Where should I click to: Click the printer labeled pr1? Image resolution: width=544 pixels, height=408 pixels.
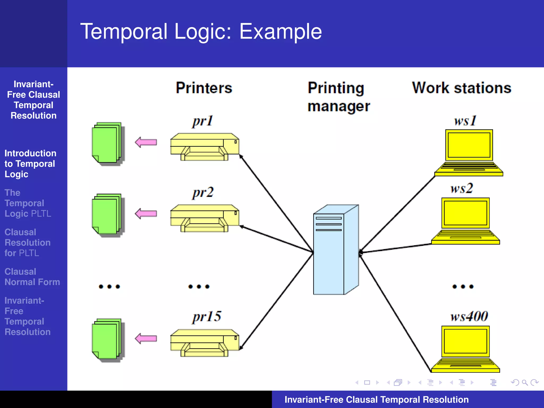[x=205, y=147]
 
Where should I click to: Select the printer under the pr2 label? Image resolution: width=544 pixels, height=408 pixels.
[x=205, y=218]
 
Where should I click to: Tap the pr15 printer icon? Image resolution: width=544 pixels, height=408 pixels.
[x=205, y=343]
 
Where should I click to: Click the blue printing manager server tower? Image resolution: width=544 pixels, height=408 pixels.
[x=336, y=250]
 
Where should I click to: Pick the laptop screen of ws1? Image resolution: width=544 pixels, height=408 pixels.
[x=469, y=145]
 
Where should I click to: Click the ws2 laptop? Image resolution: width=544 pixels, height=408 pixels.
[x=465, y=220]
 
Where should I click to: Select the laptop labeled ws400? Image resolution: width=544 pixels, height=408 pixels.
[x=465, y=349]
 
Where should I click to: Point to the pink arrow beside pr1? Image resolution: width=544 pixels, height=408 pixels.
[x=146, y=142]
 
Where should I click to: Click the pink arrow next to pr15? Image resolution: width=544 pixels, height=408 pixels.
[x=146, y=338]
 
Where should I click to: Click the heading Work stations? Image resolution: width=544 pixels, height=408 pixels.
[x=461, y=88]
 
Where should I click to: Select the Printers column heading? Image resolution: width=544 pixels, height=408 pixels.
[x=204, y=88]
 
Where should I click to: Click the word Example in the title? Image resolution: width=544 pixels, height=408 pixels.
[x=280, y=31]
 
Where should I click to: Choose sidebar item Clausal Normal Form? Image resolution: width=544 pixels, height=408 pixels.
[x=32, y=277]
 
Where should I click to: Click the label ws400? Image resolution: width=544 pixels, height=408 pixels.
[x=469, y=316]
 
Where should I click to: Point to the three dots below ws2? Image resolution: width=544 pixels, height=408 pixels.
[x=463, y=286]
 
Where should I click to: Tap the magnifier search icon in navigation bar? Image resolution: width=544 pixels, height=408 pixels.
[x=524, y=382]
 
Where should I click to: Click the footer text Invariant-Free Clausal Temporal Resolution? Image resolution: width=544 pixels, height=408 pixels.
[x=376, y=399]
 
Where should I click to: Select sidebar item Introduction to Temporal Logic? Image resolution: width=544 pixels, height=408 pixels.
[x=30, y=164]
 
